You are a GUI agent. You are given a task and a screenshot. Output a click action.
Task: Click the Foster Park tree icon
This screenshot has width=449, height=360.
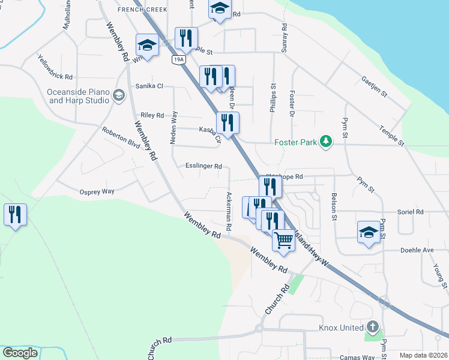pos(326,142)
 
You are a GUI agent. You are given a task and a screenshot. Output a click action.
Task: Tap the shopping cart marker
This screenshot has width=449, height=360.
pos(283,239)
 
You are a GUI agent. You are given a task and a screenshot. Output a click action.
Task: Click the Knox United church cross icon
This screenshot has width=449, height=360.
pos(373,327)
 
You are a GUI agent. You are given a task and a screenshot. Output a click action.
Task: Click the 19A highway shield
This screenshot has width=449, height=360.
pos(178,59)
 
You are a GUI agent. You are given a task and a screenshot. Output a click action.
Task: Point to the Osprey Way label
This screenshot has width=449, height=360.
pos(97,191)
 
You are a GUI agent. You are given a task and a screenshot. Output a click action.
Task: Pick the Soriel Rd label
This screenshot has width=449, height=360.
pos(411,212)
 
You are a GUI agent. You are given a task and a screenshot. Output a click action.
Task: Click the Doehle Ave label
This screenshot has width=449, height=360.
pos(417,250)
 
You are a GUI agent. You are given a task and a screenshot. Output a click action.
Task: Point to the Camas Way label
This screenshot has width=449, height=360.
pos(357,358)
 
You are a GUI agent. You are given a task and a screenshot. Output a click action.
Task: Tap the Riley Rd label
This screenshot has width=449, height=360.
pos(152,115)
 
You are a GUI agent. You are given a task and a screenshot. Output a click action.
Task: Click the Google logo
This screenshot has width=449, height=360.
pos(20,353)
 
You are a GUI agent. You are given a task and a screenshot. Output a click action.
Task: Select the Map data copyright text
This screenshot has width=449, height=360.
pos(423,355)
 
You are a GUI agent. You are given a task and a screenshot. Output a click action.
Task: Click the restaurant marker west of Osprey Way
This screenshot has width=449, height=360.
pos(15,215)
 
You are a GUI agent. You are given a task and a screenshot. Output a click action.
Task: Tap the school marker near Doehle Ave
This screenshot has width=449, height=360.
pos(369,232)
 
